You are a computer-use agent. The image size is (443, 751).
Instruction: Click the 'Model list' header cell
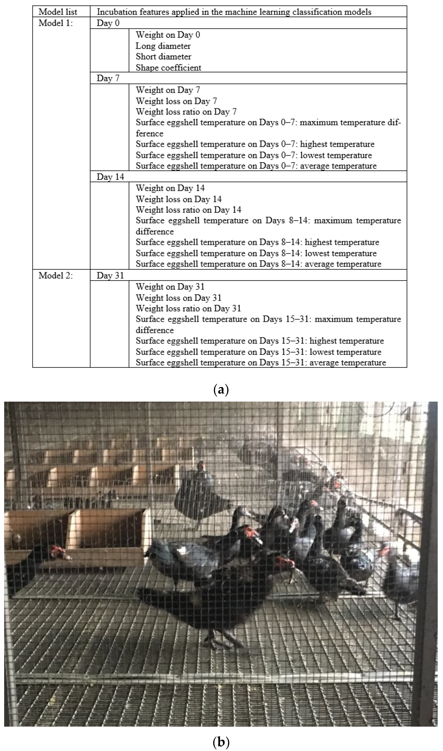click(58, 12)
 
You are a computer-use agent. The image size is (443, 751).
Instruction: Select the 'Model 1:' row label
click(56, 23)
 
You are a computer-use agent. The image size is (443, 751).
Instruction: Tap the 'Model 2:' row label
click(56, 275)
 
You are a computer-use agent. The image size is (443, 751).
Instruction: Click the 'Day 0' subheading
click(108, 23)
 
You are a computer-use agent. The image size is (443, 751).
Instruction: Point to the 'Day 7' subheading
click(108, 78)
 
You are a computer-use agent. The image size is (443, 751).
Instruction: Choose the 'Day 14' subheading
click(110, 177)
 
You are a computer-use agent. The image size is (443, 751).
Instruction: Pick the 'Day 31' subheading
click(110, 275)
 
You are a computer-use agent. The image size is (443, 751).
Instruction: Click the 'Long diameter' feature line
click(163, 46)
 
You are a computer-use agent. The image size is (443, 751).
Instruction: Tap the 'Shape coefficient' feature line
click(168, 68)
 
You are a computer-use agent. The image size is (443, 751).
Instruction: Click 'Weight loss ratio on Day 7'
click(186, 112)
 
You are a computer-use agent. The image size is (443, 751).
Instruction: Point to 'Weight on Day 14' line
click(170, 188)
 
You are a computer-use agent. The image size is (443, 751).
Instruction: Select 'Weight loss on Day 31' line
click(178, 298)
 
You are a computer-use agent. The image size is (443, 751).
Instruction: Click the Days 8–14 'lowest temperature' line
click(256, 253)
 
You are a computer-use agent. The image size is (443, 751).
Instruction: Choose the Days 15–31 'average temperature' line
click(261, 363)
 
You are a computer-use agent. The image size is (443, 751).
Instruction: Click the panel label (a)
click(221, 390)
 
